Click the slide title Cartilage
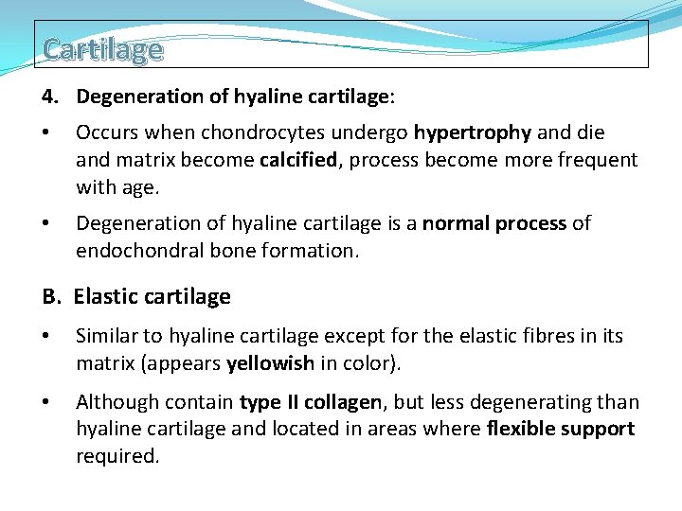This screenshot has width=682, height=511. tap(102, 48)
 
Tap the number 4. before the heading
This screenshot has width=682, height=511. tap(52, 97)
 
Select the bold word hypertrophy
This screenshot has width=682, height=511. tap(465, 132)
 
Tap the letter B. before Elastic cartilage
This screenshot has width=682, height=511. tap(53, 297)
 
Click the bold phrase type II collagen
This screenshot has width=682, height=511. tap(311, 402)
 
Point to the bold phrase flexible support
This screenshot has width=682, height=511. tap(560, 429)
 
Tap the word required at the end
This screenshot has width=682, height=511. tap(116, 456)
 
